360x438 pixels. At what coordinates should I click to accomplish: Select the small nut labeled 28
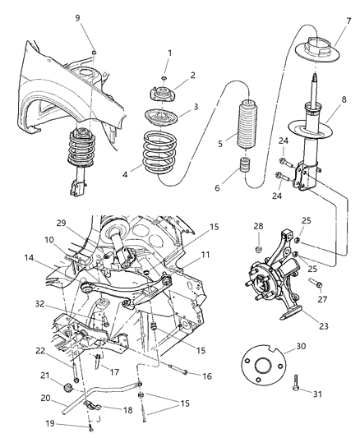pyautogui.click(x=257, y=248)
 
